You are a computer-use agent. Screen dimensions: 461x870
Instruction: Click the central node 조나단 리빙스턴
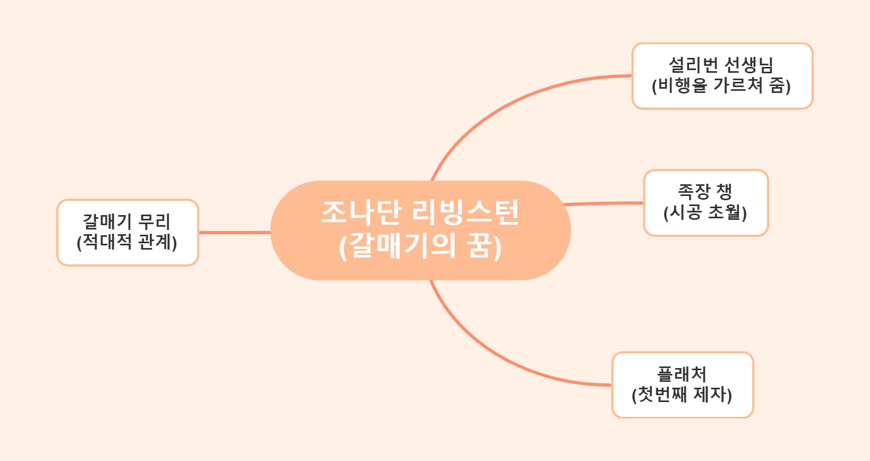coord(420,230)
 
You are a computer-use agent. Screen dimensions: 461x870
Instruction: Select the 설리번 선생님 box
coord(722,76)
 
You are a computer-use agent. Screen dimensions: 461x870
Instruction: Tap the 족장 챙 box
coord(705,202)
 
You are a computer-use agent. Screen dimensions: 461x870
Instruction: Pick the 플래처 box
coord(682,385)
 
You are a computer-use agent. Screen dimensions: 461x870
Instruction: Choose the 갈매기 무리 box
coord(127,232)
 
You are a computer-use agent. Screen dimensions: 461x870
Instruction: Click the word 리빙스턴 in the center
coord(465,212)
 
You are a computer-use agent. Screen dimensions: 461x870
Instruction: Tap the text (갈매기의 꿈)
coord(420,246)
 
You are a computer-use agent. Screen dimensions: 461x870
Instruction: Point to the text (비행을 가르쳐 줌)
coord(721,86)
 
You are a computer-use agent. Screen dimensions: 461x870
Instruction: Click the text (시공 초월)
coord(705,213)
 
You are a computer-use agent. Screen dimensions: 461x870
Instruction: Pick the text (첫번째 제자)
coord(682,395)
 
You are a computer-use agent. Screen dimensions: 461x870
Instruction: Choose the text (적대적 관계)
coord(127,242)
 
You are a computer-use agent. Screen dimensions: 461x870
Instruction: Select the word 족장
coord(693,192)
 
